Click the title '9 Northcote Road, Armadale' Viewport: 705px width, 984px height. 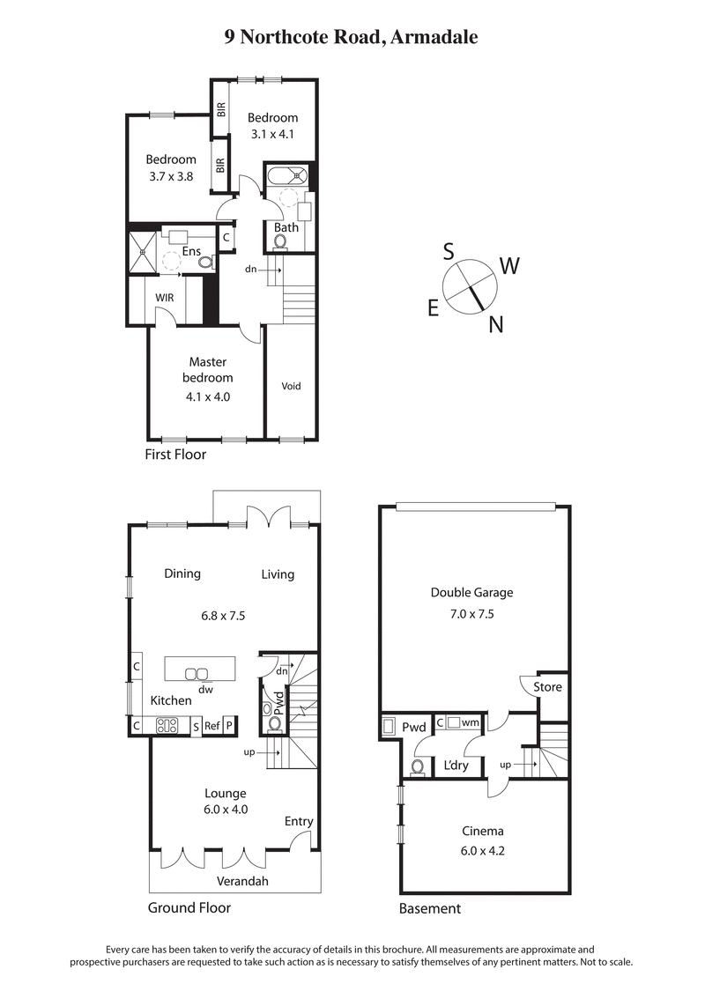pyautogui.click(x=352, y=37)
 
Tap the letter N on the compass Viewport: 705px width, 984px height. pyautogui.click(x=496, y=325)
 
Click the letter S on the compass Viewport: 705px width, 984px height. pyautogui.click(x=449, y=251)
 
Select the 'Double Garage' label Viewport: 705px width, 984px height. pyautogui.click(x=471, y=593)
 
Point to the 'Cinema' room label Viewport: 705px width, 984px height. pyautogui.click(x=483, y=831)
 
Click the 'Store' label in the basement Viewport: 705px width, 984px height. pyautogui.click(x=547, y=687)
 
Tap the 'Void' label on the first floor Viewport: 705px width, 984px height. pyautogui.click(x=291, y=386)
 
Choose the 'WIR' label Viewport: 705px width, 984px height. pyautogui.click(x=165, y=298)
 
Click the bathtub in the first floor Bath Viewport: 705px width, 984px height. pyautogui.click(x=287, y=174)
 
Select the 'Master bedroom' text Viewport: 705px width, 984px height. pyautogui.click(x=208, y=370)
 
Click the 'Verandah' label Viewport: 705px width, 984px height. pyautogui.click(x=242, y=881)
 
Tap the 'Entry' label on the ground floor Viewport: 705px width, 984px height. pyautogui.click(x=299, y=822)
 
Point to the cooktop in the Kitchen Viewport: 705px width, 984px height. pyautogui.click(x=167, y=727)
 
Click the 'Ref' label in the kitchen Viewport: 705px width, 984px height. pyautogui.click(x=211, y=727)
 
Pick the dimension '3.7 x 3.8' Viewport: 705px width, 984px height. pyautogui.click(x=171, y=175)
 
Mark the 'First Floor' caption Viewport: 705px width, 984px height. pyautogui.click(x=175, y=455)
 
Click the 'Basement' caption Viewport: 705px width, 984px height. pyautogui.click(x=429, y=908)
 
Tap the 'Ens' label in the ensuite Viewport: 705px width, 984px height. pyautogui.click(x=191, y=251)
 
